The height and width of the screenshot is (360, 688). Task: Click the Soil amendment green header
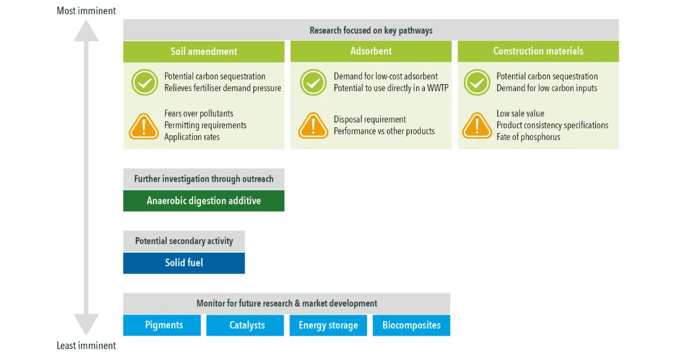pos(204,52)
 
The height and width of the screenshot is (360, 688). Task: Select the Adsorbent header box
pos(371,51)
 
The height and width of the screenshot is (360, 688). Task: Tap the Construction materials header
pos(538,51)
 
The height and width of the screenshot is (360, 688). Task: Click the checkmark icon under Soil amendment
pos(144,83)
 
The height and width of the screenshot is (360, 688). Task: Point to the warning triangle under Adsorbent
pos(313,126)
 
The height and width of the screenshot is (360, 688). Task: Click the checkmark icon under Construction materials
pos(477,83)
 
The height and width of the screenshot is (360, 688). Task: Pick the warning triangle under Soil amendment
pos(144,126)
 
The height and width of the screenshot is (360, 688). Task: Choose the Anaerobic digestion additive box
pos(204,201)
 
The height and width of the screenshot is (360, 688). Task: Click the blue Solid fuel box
pos(184,263)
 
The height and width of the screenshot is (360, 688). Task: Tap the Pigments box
pos(162,325)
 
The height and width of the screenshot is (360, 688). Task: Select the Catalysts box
pos(245,325)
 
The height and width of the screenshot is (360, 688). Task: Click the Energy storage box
pos(328,325)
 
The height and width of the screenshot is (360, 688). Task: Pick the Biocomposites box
pos(411,325)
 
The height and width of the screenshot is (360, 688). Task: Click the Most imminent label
pos(87,11)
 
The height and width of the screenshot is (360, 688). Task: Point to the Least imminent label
pos(87,346)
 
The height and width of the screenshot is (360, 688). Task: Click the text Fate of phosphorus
pos(528,137)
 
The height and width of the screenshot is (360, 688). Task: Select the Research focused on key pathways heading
pos(371,30)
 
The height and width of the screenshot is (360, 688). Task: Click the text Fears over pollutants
pos(199,114)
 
